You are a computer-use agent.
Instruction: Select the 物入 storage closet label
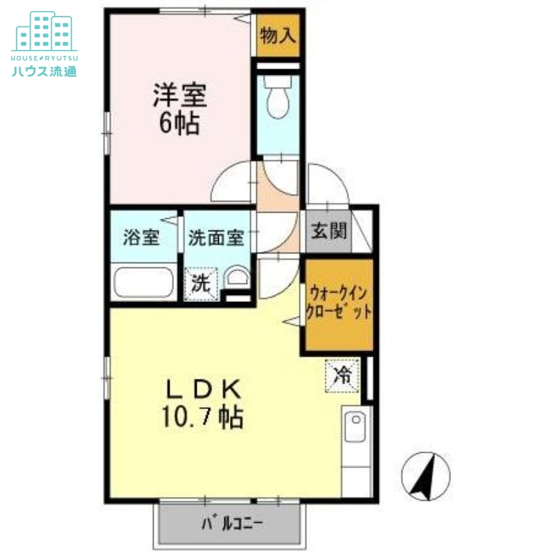278,35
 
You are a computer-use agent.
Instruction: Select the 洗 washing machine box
201,283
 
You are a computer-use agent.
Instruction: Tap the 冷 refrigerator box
343,375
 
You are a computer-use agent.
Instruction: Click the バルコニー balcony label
232,523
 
